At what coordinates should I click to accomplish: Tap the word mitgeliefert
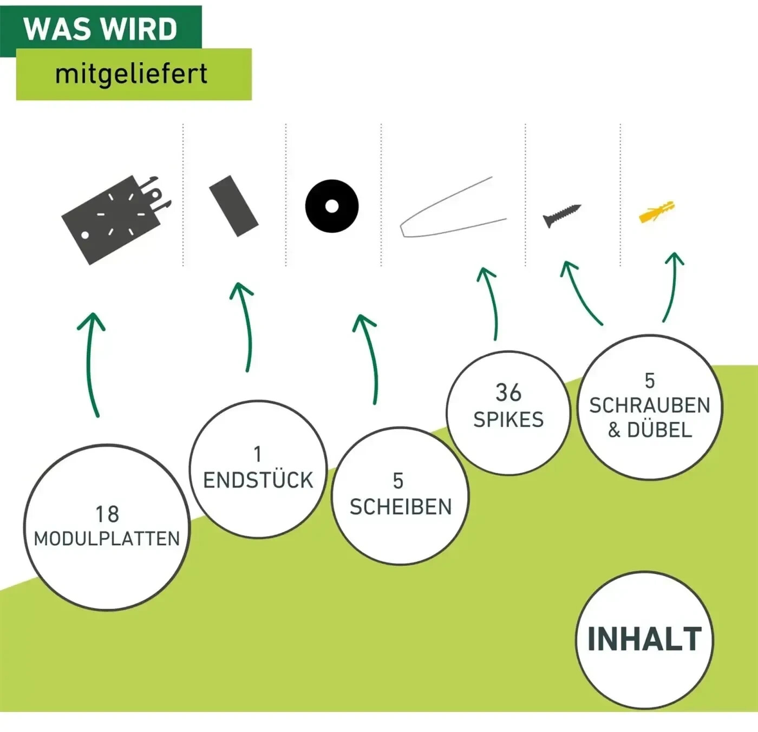click(x=131, y=74)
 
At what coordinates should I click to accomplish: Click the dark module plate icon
click(x=117, y=220)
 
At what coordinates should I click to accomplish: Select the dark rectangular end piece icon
click(x=234, y=206)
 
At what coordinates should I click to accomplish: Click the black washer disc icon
click(x=331, y=206)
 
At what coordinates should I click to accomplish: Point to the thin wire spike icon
click(x=453, y=207)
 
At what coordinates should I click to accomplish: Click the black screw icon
click(x=562, y=215)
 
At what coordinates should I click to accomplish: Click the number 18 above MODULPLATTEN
click(x=107, y=514)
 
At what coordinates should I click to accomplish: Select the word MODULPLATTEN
click(x=107, y=539)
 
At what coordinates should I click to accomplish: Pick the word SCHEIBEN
click(x=401, y=506)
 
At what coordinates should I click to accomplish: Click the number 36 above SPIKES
click(x=508, y=393)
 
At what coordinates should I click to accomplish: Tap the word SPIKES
click(x=508, y=420)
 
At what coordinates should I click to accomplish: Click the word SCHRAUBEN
click(x=650, y=406)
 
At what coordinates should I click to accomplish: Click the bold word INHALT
click(x=645, y=639)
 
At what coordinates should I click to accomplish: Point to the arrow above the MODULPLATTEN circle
click(x=92, y=364)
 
